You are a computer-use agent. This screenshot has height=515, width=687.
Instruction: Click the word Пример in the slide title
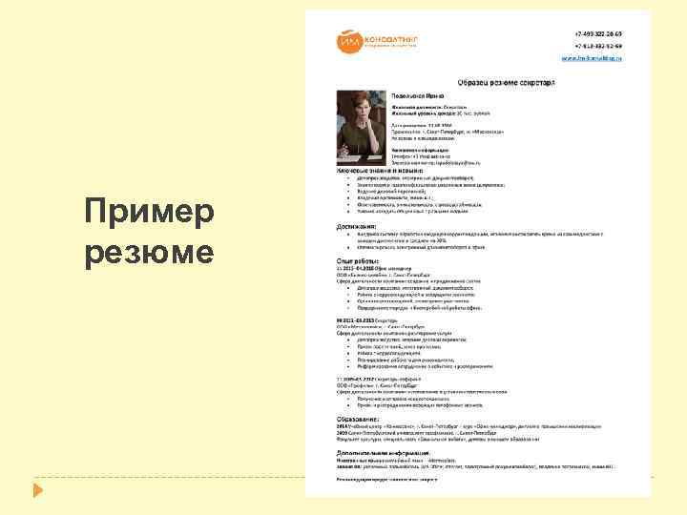[148, 213]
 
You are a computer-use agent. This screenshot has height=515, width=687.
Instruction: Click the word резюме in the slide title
[148, 254]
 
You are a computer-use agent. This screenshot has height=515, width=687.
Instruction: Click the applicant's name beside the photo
[421, 96]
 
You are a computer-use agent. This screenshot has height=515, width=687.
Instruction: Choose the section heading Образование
[364, 419]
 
